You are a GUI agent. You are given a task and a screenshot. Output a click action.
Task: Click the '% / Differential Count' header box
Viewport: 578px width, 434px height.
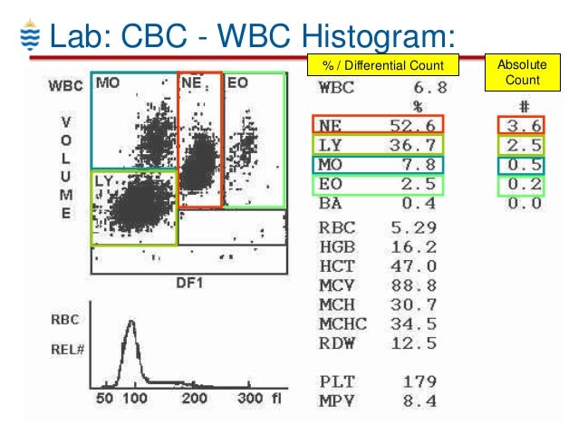(x=383, y=65)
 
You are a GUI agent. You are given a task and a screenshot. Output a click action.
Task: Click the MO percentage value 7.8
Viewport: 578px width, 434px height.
(x=419, y=165)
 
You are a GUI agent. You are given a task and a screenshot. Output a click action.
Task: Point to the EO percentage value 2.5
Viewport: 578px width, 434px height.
(x=419, y=184)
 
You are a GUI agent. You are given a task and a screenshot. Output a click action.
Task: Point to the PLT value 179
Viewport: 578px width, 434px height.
(x=419, y=381)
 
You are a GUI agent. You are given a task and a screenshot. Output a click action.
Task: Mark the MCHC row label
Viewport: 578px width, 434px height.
(x=342, y=323)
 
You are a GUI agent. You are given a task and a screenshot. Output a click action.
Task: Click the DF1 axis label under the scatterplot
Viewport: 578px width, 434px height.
(x=188, y=284)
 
